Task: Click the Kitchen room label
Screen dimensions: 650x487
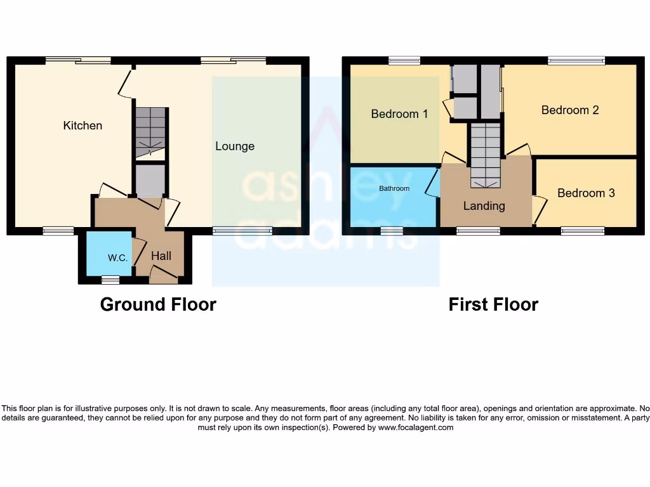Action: (83, 126)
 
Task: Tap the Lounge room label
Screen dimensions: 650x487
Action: (235, 146)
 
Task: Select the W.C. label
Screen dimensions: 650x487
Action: (118, 258)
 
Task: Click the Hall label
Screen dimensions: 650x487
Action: (161, 256)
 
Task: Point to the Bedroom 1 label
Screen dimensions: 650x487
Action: (399, 114)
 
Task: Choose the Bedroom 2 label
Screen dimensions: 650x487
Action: (570, 110)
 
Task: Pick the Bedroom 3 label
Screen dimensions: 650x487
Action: (586, 193)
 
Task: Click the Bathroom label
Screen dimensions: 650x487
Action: (394, 188)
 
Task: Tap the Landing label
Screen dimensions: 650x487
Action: (484, 206)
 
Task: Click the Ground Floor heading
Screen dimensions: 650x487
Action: (158, 304)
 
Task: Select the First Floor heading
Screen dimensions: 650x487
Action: (493, 304)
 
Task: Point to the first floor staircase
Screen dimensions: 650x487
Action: (486, 155)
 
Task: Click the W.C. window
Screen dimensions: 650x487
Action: (110, 279)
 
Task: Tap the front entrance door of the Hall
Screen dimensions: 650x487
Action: (163, 274)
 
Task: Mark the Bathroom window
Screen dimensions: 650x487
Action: (392, 231)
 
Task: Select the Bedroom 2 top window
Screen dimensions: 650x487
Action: (576, 61)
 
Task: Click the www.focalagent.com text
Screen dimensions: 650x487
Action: (416, 427)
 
